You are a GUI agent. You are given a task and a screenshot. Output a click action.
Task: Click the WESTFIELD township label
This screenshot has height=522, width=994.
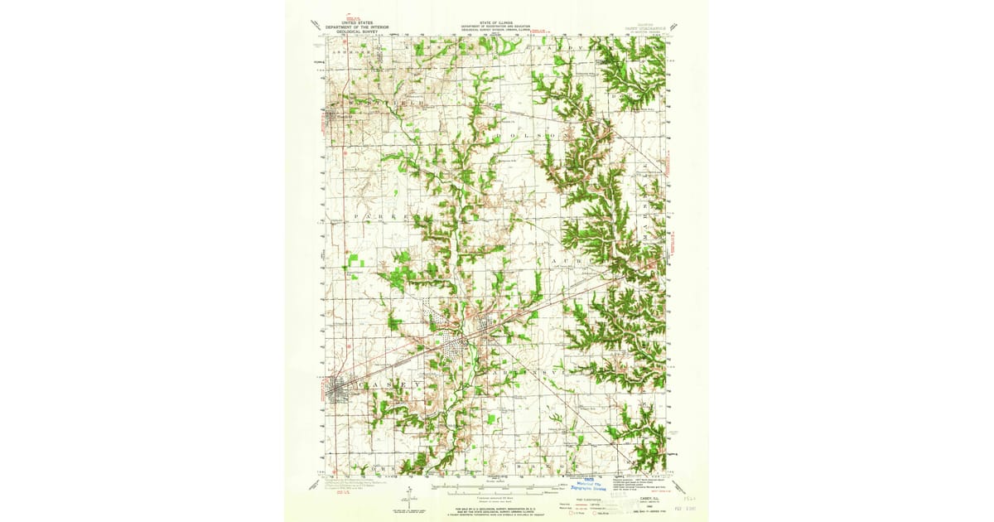click(378, 103)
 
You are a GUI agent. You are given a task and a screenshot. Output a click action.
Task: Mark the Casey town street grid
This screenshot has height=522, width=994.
click(340, 389)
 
